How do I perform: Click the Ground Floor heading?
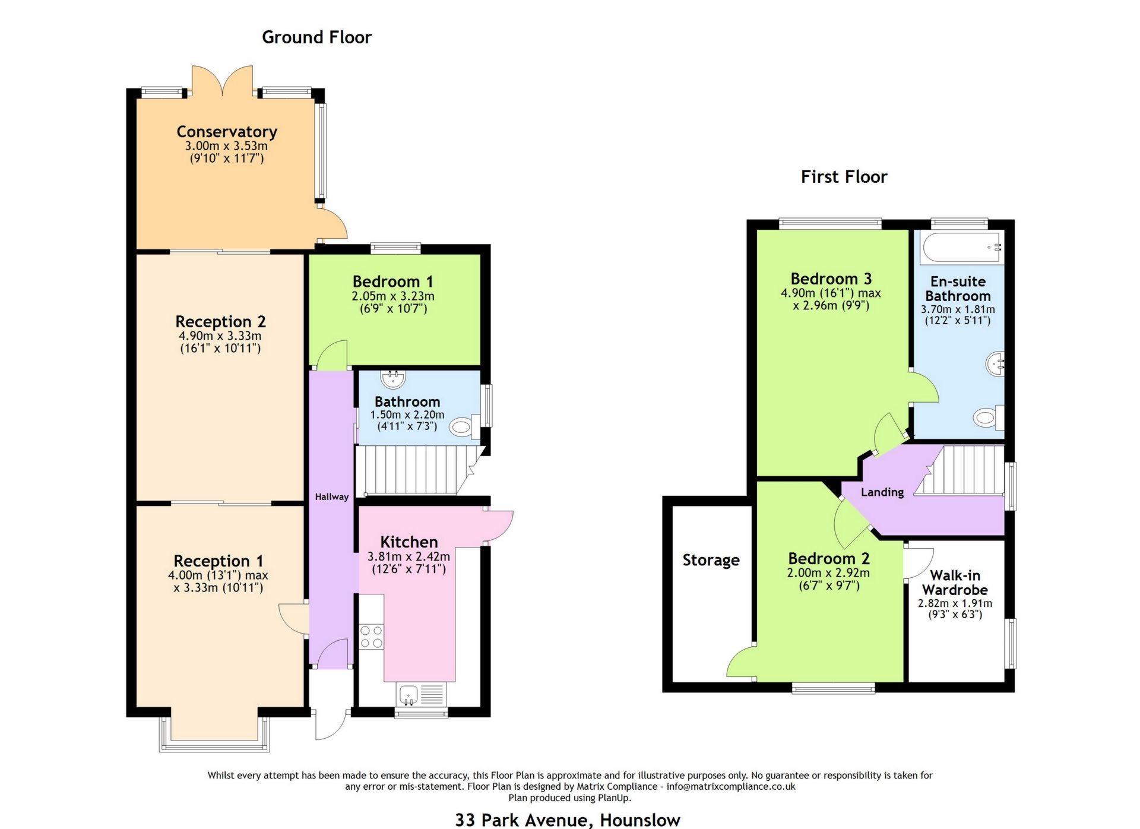coord(316,37)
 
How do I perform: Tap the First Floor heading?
coord(844,177)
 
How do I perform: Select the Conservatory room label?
coord(227,132)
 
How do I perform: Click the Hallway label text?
coord(331,497)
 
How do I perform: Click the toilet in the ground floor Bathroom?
coord(461,426)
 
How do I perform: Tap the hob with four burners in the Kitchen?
coord(372,637)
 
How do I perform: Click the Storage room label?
coord(711,560)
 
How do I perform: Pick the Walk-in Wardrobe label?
coord(955,583)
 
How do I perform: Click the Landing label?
coord(882,492)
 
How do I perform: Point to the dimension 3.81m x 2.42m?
coord(408,557)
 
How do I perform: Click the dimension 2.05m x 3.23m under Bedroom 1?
coord(393,296)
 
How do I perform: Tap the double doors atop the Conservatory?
coord(223,81)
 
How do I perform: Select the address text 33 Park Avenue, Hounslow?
coord(568,820)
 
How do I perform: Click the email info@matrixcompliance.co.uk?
coord(730,787)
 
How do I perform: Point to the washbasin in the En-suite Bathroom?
coord(995,363)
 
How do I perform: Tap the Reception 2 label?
coord(220,322)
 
